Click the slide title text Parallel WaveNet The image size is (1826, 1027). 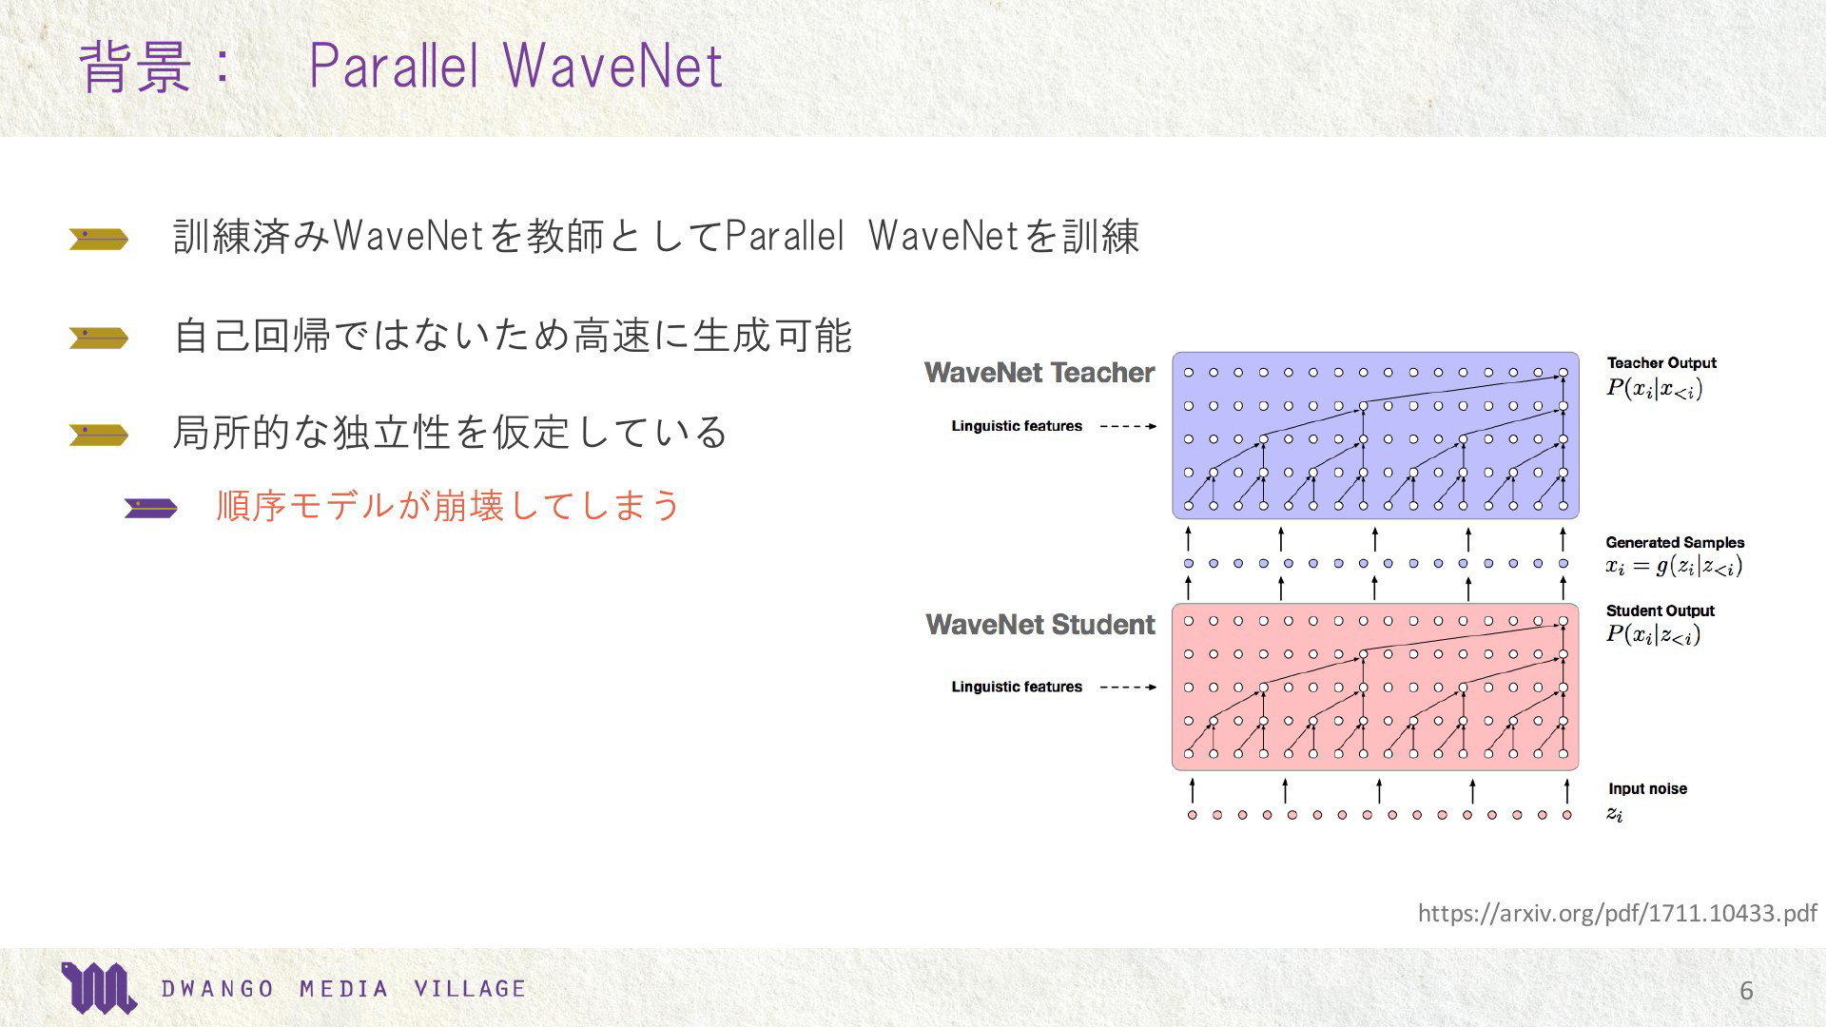tap(516, 66)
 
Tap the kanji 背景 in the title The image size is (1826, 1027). tap(135, 67)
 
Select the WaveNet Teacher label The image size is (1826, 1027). tap(1039, 373)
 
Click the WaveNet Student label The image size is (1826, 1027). tap(1040, 625)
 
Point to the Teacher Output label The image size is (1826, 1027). tap(1661, 362)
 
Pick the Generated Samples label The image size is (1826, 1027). tap(1675, 542)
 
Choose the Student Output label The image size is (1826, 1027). tap(1660, 610)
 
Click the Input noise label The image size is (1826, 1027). tap(1647, 788)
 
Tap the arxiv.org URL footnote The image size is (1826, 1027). tap(1617, 913)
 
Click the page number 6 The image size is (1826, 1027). tap(1746, 991)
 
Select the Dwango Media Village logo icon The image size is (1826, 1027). tap(98, 988)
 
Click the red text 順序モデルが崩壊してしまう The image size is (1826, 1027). tap(448, 506)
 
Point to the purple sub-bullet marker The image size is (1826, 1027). tap(150, 509)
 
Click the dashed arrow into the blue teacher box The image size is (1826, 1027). tap(1128, 426)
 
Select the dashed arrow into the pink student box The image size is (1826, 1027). tap(1128, 687)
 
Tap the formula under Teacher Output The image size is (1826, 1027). tap(1654, 389)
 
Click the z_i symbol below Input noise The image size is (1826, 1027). tap(1615, 814)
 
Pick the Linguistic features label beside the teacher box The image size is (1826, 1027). tap(1017, 426)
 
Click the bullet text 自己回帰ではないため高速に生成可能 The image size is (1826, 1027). tap(513, 337)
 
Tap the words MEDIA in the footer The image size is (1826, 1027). tap(344, 989)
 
